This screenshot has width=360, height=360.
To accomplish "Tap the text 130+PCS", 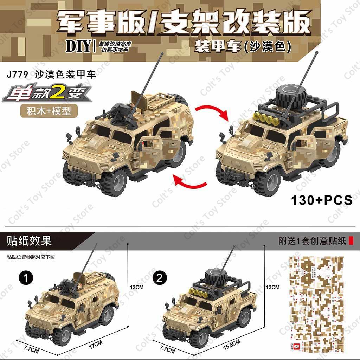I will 321,200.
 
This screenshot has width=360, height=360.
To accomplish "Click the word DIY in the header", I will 78,46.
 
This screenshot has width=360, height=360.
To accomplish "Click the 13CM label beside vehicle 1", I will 137,287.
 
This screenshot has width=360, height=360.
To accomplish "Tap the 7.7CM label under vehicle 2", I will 167,350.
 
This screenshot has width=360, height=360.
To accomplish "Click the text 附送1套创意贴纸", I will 311,241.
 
